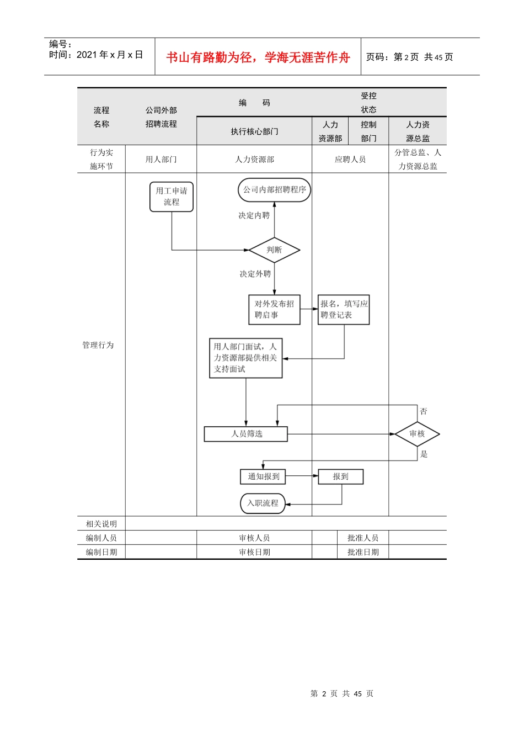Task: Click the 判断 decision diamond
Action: pyautogui.click(x=274, y=250)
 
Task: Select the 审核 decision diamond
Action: pyautogui.click(x=417, y=434)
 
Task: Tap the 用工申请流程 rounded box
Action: pyautogui.click(x=172, y=197)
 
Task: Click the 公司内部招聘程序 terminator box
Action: pyautogui.click(x=275, y=190)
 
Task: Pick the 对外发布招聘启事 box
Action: pyautogui.click(x=274, y=309)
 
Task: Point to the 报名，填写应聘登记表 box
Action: pyautogui.click(x=344, y=309)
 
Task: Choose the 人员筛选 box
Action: pyautogui.click(x=246, y=434)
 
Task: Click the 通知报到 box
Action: pyautogui.click(x=263, y=476)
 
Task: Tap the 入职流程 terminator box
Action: pyautogui.click(x=263, y=503)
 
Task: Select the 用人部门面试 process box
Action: pyautogui.click(x=245, y=358)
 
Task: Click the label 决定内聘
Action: pyautogui.click(x=254, y=215)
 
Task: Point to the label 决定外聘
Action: pyautogui.click(x=255, y=274)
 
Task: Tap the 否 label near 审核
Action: pyautogui.click(x=424, y=411)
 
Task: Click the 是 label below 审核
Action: pyautogui.click(x=424, y=454)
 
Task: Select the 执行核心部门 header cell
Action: pyautogui.click(x=254, y=131)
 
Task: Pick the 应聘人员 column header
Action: pyautogui.click(x=350, y=160)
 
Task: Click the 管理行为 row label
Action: pyautogui.click(x=98, y=345)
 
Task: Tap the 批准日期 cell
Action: pyautogui.click(x=363, y=552)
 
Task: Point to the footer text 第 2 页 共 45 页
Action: pyautogui.click(x=342, y=693)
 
